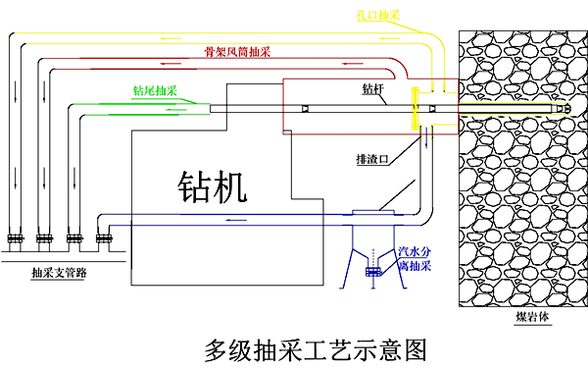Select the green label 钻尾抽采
[155, 92]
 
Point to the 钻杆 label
[373, 91]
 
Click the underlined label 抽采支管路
[58, 273]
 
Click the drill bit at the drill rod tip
[567, 108]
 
